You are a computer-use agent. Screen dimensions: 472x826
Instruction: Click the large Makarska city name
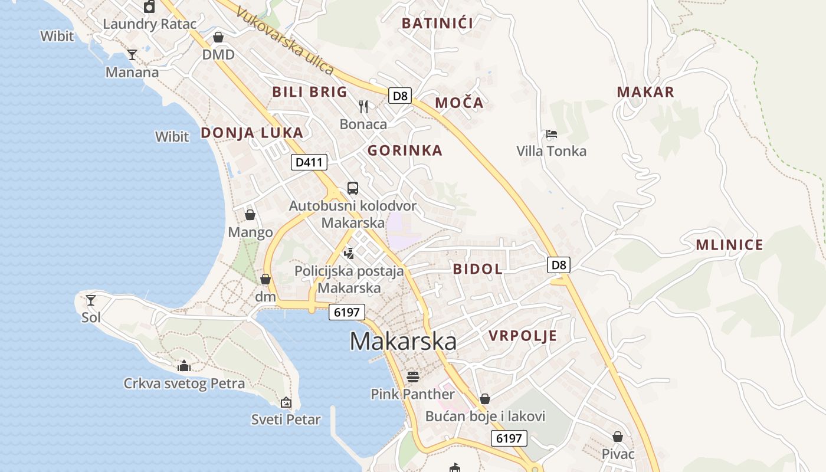pyautogui.click(x=403, y=342)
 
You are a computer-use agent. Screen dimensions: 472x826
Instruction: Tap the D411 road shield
pyautogui.click(x=309, y=162)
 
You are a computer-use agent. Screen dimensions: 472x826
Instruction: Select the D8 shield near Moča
pyautogui.click(x=400, y=96)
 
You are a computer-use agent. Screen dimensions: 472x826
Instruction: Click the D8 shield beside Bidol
pyautogui.click(x=559, y=265)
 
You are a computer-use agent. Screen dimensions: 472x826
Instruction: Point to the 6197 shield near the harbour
pyautogui.click(x=346, y=312)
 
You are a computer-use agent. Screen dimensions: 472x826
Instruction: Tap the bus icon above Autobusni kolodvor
pyautogui.click(x=353, y=188)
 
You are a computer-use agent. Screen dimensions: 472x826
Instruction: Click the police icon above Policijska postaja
pyautogui.click(x=349, y=253)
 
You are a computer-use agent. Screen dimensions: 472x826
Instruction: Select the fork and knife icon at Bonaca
pyautogui.click(x=363, y=106)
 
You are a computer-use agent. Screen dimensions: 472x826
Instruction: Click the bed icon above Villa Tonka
pyautogui.click(x=552, y=134)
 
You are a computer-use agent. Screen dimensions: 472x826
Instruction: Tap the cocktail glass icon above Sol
pyautogui.click(x=90, y=300)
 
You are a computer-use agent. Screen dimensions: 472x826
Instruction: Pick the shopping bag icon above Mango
pyautogui.click(x=250, y=214)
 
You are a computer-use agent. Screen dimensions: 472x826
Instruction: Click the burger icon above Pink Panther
pyautogui.click(x=413, y=376)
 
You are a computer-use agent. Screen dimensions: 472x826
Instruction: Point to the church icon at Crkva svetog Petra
pyautogui.click(x=184, y=366)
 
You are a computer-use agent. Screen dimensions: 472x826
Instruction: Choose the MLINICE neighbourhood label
pyautogui.click(x=729, y=245)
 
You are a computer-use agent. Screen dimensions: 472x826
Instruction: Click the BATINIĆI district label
pyautogui.click(x=437, y=24)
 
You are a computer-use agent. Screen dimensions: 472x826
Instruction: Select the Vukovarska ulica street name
pyautogui.click(x=285, y=41)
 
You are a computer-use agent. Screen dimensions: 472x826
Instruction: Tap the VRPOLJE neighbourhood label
pyautogui.click(x=523, y=336)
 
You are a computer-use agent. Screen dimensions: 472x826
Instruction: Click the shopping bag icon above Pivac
pyautogui.click(x=618, y=437)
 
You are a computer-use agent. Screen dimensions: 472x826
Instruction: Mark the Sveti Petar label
pyautogui.click(x=286, y=420)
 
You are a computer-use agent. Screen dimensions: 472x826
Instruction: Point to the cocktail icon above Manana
pyautogui.click(x=132, y=55)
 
